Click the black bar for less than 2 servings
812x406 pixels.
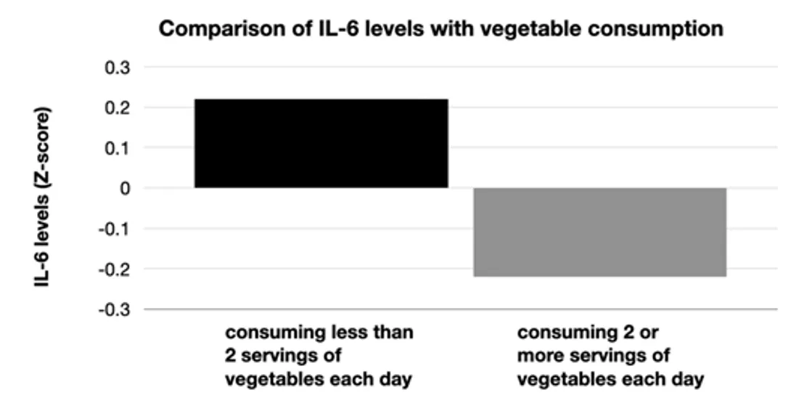321,143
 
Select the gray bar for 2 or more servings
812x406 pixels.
599,232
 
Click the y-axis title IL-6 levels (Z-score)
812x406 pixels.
45,187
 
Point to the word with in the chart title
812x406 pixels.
458,30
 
